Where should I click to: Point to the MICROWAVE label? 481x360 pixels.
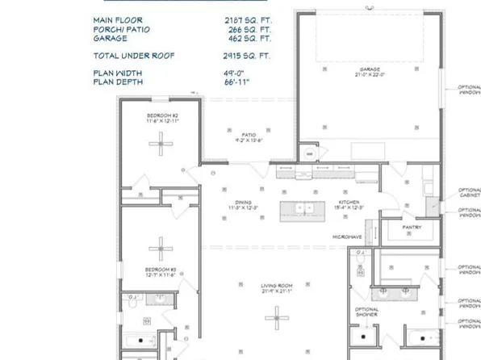pyautogui.click(x=346, y=237)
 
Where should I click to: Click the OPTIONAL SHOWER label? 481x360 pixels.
pyautogui.click(x=367, y=312)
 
